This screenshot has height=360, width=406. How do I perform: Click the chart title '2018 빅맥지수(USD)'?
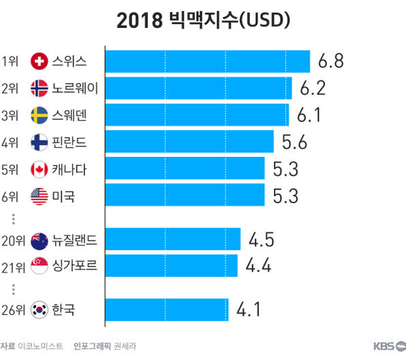tap(203, 21)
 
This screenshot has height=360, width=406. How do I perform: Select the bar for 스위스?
tap(208, 62)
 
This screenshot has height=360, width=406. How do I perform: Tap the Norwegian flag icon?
tap(40, 89)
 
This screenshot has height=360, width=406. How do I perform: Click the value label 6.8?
tap(330, 62)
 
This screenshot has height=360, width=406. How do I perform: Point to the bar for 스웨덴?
tap(197, 115)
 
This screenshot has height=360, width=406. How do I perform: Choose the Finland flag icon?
tap(40, 142)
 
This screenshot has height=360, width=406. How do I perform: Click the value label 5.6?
tap(293, 142)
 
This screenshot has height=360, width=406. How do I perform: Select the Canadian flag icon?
tap(40, 168)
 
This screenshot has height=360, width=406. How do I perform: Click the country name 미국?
tap(63, 196)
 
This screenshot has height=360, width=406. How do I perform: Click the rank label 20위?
tap(14, 239)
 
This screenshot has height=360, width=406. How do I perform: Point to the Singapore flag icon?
tap(40, 266)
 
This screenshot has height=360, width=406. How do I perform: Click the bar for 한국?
tap(167, 310)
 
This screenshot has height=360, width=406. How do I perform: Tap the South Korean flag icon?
tap(40, 310)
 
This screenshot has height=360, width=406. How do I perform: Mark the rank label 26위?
tap(14, 310)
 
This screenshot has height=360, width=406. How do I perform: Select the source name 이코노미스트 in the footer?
tap(42, 346)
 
